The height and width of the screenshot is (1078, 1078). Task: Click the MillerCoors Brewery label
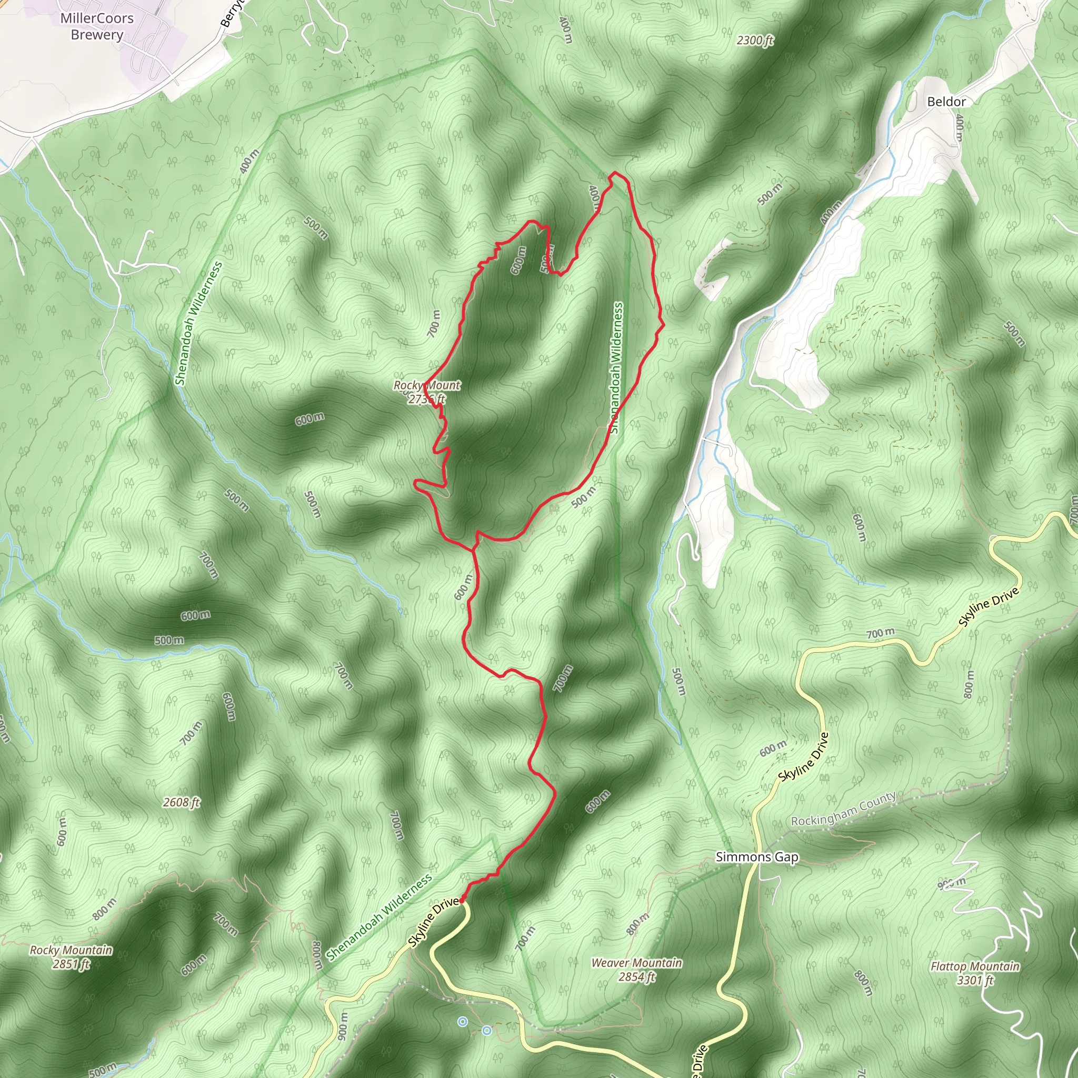tap(97, 26)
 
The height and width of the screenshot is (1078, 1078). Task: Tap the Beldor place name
tap(946, 102)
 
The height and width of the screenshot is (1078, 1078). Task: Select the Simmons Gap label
tap(756, 857)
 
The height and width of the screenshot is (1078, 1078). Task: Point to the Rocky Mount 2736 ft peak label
tap(427, 392)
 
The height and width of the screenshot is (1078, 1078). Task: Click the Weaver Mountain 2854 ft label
tap(637, 969)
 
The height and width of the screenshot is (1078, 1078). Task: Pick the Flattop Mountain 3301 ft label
tap(975, 973)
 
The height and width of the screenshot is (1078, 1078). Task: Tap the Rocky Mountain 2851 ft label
tap(71, 956)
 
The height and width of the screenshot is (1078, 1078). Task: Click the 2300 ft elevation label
tap(754, 40)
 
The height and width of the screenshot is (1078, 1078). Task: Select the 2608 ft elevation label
tap(182, 802)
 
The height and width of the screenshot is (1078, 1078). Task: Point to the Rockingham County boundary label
tap(844, 808)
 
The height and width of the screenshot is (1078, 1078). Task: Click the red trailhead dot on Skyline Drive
tap(462, 901)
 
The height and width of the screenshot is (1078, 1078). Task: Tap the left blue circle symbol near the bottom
tap(462, 1022)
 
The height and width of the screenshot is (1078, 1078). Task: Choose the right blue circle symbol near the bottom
tap(486, 1030)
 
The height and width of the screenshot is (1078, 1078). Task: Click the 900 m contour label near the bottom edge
tap(343, 1025)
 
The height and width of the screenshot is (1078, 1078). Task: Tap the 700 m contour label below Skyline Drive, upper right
tap(881, 633)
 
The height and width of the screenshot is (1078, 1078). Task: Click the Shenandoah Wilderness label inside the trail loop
tap(616, 368)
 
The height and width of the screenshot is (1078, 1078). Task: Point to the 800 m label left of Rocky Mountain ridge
tap(104, 909)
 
